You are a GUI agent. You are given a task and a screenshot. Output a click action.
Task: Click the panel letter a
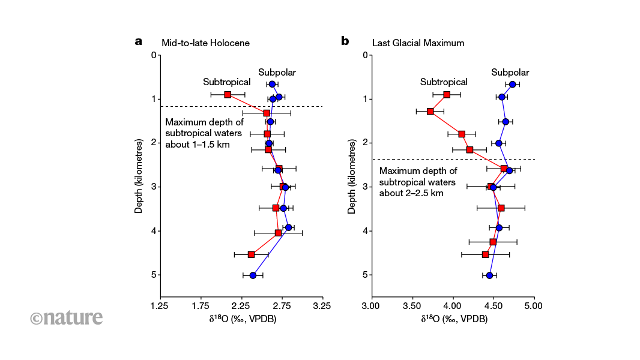click(x=139, y=42)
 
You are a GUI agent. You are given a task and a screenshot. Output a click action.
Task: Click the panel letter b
click(x=345, y=42)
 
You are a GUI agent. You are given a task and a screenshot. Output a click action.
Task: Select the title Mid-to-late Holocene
click(x=205, y=43)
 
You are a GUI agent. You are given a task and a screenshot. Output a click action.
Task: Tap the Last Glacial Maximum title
click(x=418, y=43)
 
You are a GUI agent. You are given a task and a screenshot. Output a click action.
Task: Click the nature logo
click(x=67, y=317)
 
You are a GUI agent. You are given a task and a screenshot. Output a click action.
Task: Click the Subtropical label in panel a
click(x=226, y=82)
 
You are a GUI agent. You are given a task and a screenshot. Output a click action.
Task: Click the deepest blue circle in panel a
click(x=253, y=275)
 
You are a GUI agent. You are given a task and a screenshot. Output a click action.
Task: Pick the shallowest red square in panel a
click(x=228, y=95)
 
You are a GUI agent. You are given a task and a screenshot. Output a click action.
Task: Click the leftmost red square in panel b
click(x=430, y=112)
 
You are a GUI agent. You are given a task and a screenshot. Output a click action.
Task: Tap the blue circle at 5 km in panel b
click(x=489, y=275)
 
